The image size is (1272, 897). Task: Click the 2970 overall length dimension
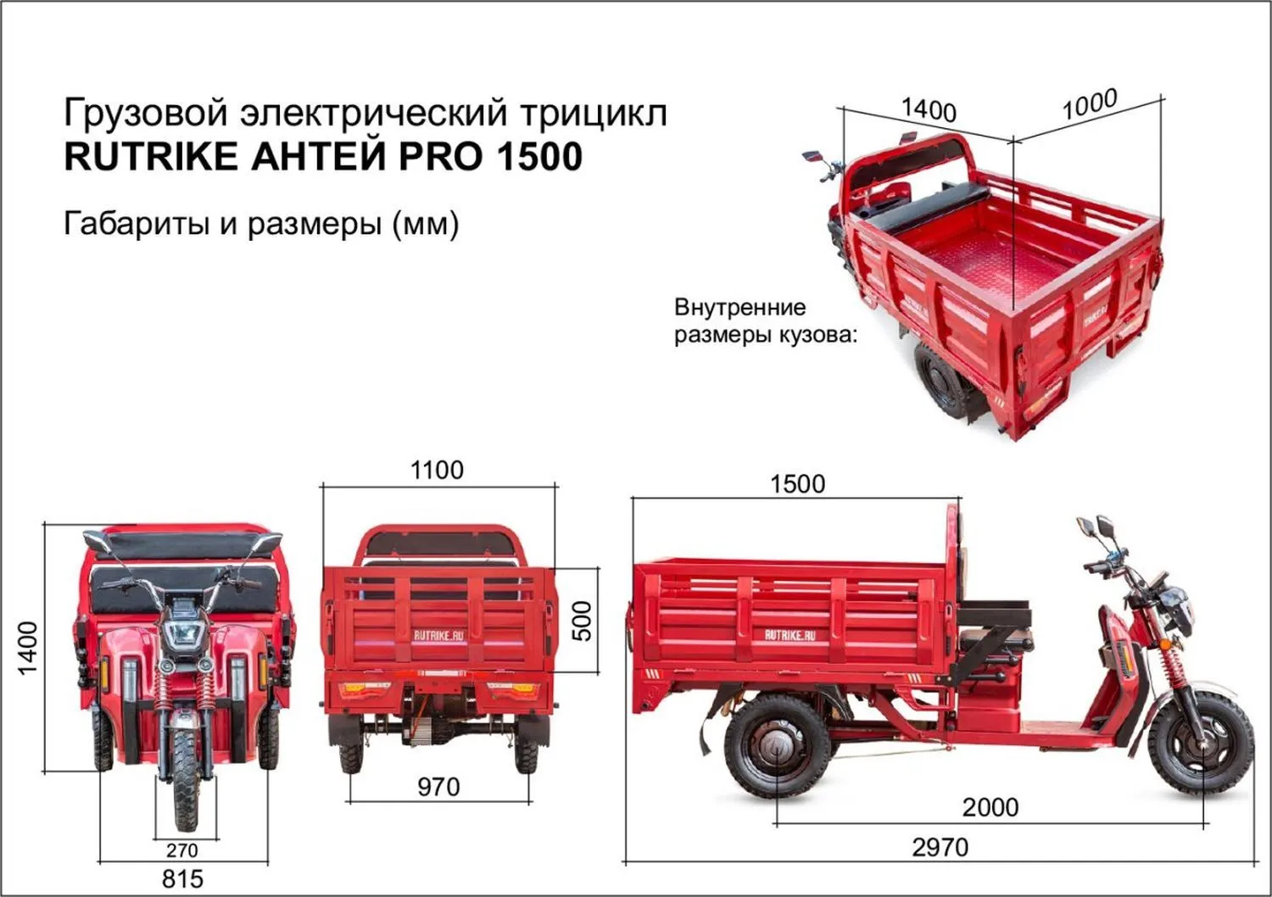[940, 847]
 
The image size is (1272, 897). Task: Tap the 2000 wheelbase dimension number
[990, 806]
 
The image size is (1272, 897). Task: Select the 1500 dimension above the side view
[797, 484]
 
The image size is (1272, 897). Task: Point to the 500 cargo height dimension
[583, 621]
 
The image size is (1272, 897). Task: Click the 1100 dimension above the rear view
[437, 471]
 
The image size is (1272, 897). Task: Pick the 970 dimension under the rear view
[438, 787]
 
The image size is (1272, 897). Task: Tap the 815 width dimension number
[182, 878]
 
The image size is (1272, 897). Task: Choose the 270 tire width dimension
[181, 850]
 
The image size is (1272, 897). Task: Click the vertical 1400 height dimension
[28, 648]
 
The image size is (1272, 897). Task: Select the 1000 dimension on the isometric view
[1090, 105]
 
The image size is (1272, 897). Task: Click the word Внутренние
[739, 307]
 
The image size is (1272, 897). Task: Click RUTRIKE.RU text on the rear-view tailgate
[438, 635]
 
